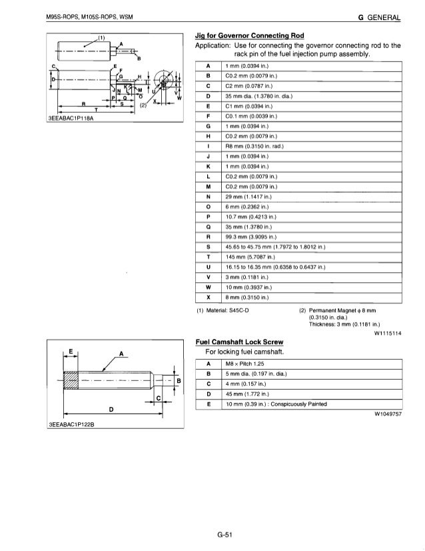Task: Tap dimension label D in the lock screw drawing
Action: (110, 407)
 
